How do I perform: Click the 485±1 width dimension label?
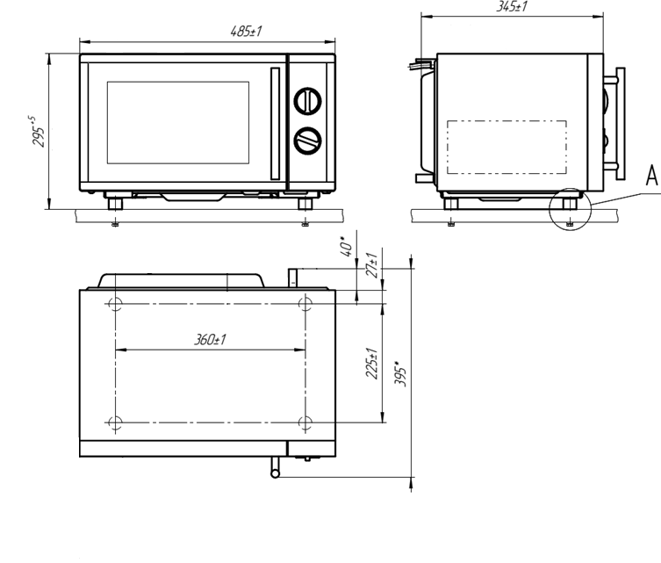246,32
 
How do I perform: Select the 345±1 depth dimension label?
512,6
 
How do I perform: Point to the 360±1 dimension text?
210,339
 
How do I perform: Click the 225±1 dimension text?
371,363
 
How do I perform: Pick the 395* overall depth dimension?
400,373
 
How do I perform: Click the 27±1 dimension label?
371,265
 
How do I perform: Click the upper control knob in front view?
308,101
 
